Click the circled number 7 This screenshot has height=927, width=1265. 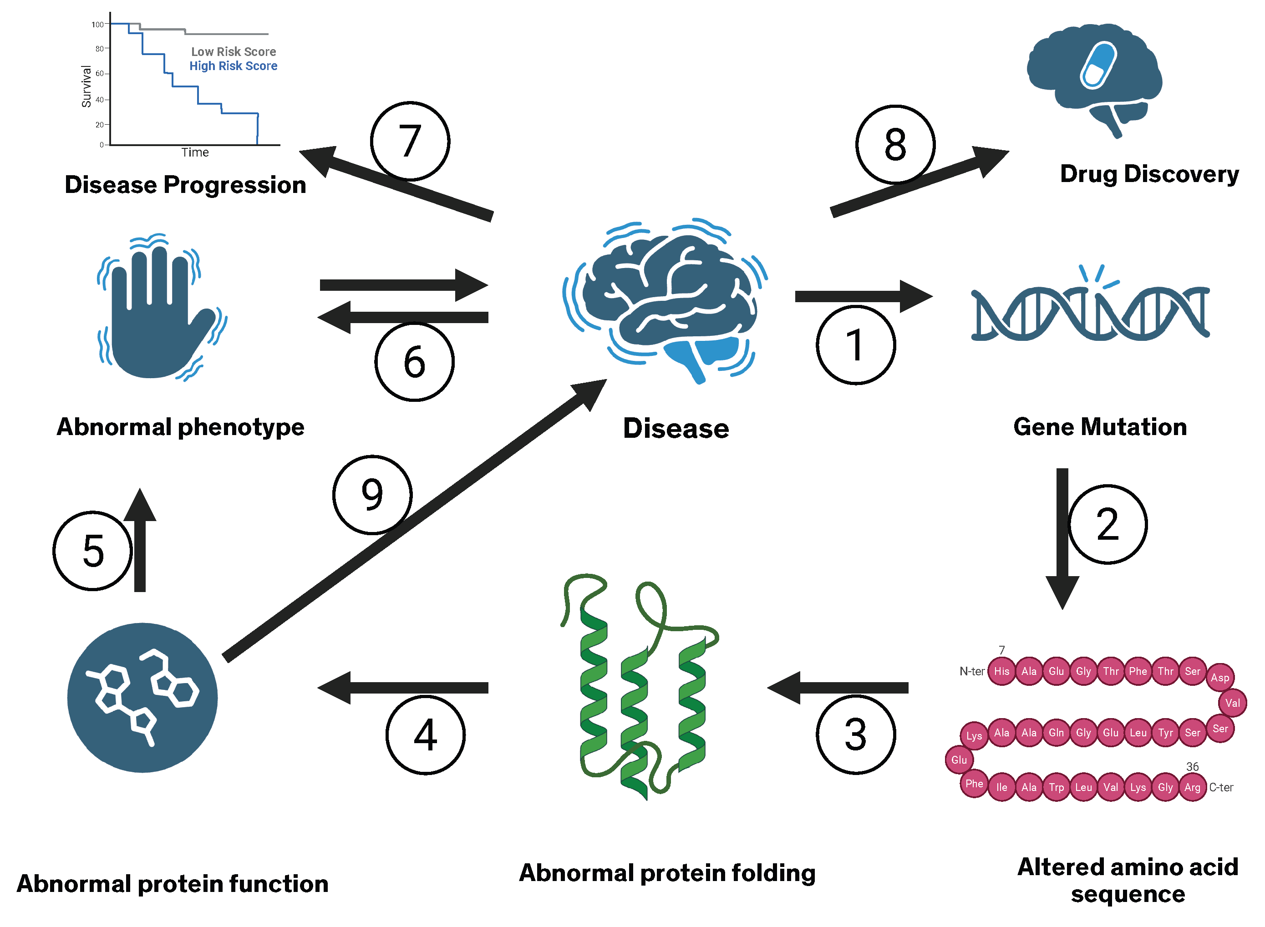click(410, 142)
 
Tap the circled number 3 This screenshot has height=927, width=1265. click(855, 734)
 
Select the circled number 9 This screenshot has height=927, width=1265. click(372, 494)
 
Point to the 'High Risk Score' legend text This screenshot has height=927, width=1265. click(233, 66)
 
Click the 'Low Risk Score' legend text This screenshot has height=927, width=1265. click(234, 51)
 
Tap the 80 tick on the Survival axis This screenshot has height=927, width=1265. click(99, 49)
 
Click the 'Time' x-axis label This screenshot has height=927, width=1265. click(195, 152)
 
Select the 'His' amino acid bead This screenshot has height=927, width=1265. click(1001, 671)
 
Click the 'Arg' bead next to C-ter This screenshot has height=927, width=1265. click(1192, 787)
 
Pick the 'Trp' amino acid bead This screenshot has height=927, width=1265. click(1056, 787)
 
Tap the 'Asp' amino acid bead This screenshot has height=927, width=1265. click(1219, 677)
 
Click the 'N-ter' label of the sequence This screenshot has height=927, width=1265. click(971, 671)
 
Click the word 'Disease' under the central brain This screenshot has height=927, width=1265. click(676, 429)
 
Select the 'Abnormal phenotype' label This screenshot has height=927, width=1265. click(180, 427)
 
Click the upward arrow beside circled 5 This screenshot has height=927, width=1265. click(140, 539)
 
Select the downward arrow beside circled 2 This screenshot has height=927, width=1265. click(1062, 539)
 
